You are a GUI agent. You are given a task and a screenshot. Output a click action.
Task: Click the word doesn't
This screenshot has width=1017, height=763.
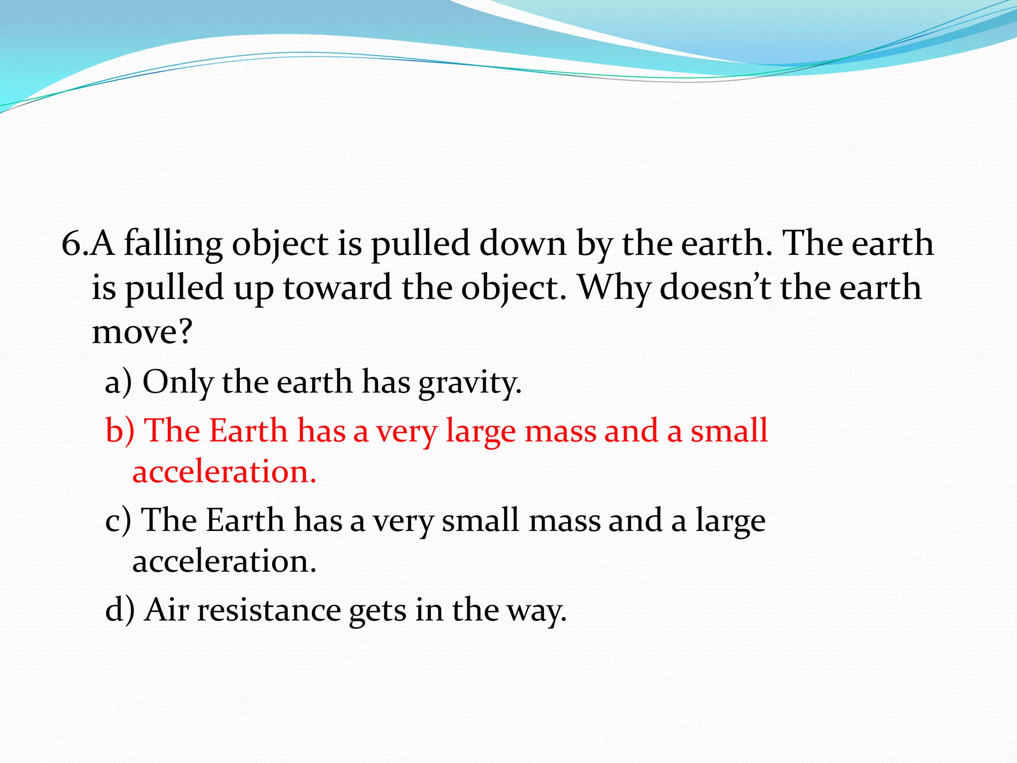tap(715, 288)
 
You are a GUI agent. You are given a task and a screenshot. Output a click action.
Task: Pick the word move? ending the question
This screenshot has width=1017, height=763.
tap(142, 332)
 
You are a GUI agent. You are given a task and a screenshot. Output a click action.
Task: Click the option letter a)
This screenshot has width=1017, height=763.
tap(118, 382)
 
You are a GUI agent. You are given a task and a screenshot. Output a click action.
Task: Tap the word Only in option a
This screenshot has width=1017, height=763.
tap(178, 382)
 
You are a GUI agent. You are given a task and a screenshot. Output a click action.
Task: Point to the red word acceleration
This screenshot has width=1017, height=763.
tap(224, 471)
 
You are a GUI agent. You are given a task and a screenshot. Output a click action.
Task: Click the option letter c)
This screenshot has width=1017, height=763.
tap(118, 521)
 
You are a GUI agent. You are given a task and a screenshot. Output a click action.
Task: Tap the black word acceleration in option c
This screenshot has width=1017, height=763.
tap(224, 561)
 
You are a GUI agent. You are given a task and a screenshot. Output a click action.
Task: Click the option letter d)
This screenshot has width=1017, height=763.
tap(120, 610)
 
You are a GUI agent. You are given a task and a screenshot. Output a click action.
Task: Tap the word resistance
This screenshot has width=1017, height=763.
tap(269, 610)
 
